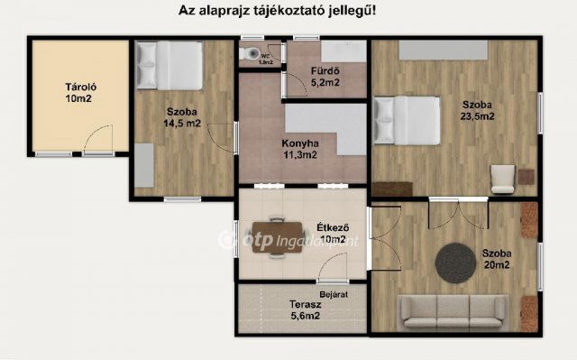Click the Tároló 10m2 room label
75,93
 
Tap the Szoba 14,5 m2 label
181,118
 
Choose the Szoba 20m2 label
496,258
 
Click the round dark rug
457,262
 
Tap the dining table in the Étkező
275,236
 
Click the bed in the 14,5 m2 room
169,65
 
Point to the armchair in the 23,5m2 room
502,179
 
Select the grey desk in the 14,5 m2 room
143,165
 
